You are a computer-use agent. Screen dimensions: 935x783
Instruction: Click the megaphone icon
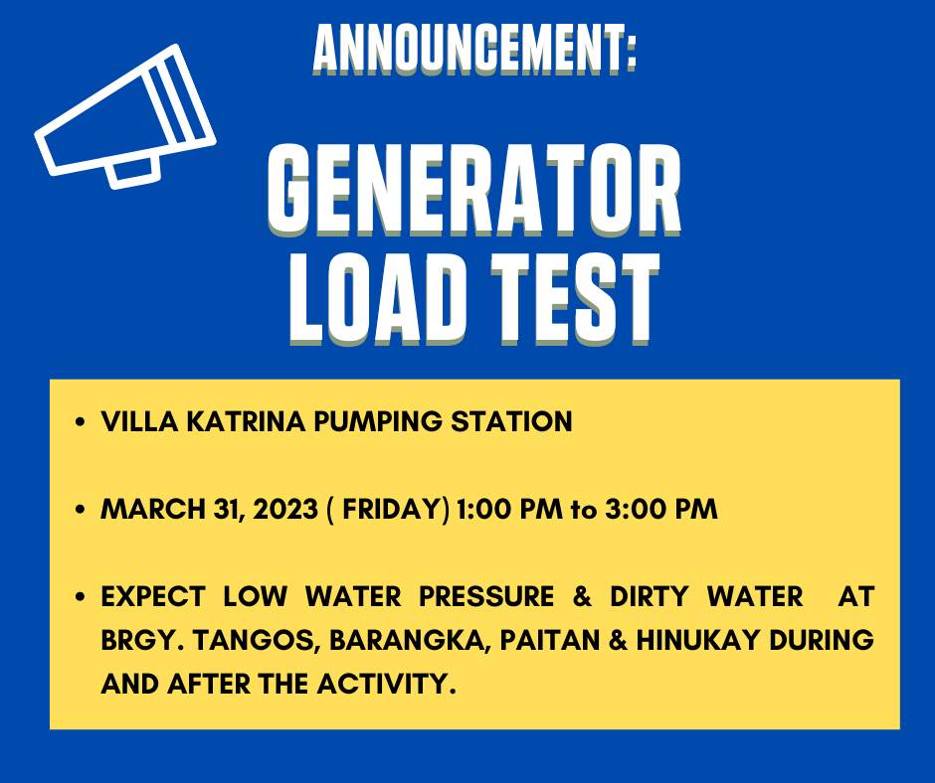point(125,117)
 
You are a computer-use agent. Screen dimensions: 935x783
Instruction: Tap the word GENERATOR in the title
point(474,191)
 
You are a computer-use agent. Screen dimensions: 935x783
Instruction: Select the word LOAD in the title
point(377,298)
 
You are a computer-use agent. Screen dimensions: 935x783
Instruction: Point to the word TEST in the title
point(576,298)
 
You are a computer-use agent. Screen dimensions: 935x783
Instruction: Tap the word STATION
point(511,421)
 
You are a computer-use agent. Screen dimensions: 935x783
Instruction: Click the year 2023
point(285,509)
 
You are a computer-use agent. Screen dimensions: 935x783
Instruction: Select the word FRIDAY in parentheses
point(391,509)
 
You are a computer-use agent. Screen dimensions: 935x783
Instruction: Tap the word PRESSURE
point(486,596)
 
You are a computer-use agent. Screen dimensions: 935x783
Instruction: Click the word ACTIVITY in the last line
point(386,684)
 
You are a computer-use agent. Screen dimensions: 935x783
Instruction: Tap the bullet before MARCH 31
point(81,510)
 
